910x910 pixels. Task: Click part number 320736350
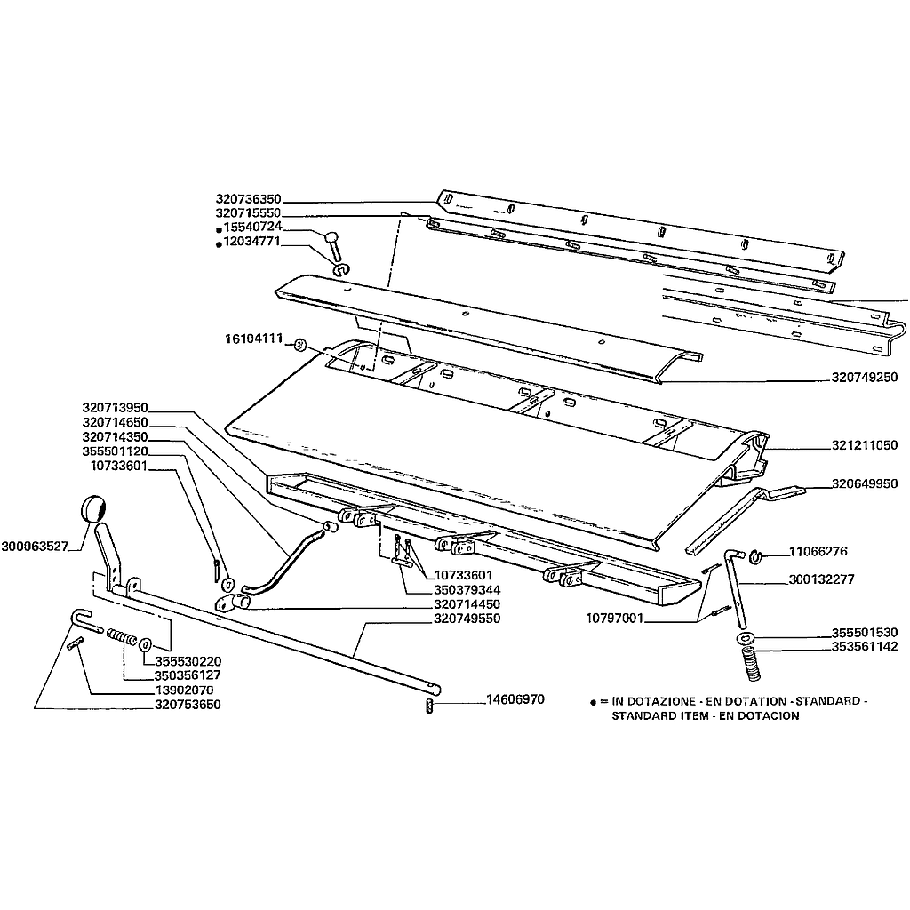point(248,199)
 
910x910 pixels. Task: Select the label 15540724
point(252,227)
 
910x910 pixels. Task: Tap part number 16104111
point(253,339)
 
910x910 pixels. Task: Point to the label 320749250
point(865,377)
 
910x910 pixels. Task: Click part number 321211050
point(865,445)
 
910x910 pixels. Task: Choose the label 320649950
point(865,483)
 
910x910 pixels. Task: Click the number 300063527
point(35,547)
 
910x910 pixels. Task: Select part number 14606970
point(515,699)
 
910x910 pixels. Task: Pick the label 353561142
point(865,647)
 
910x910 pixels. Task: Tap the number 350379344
point(467,590)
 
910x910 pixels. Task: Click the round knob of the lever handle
point(92,509)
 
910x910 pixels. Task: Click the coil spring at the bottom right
point(752,664)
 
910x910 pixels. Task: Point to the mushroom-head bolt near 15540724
point(334,246)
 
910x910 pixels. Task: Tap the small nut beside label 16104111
point(300,344)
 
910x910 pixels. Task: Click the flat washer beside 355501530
point(745,638)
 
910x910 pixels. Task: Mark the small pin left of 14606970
point(429,706)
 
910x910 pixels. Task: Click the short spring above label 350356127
point(121,636)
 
